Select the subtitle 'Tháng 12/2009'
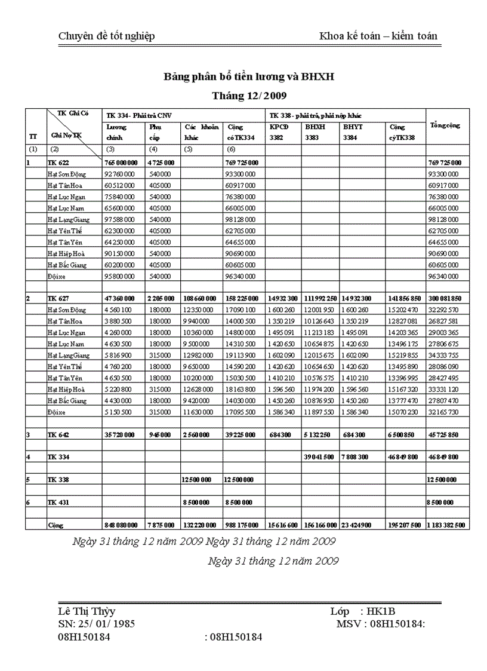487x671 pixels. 249,96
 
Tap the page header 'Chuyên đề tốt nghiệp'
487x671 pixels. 106,36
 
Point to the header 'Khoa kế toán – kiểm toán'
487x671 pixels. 378,36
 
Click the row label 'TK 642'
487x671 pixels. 58,434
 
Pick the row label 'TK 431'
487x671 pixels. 58,503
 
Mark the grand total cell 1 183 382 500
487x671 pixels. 448,525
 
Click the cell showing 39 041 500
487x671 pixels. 319,457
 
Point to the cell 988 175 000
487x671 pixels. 242,525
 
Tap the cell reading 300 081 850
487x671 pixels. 448,298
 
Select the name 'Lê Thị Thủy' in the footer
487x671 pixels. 87,612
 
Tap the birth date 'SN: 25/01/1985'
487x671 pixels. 96,624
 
